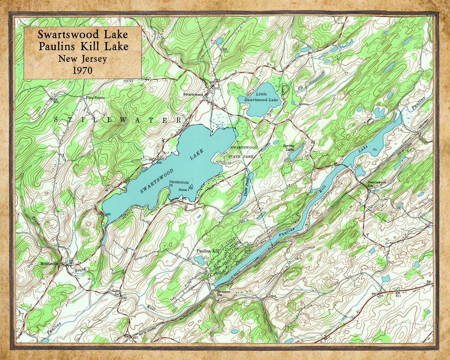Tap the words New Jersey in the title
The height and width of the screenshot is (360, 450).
pyautogui.click(x=82, y=58)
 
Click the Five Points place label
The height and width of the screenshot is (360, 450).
pyautogui.click(x=95, y=98)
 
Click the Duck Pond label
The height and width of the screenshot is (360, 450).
pyautogui.click(x=246, y=191)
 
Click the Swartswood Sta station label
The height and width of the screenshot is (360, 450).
pyautogui.click(x=376, y=183)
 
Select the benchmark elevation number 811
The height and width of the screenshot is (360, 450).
pyautogui.click(x=398, y=296)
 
